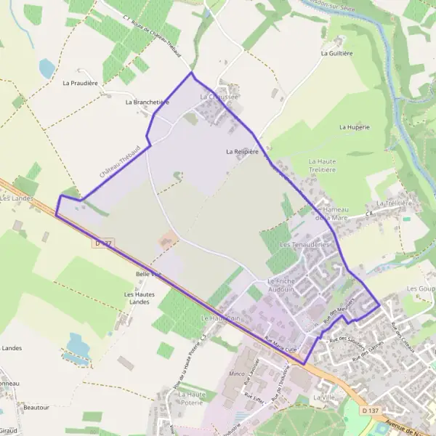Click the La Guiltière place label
pyautogui.click(x=336, y=53)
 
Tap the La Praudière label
pyautogui.click(x=80, y=83)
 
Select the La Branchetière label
pyautogui.click(x=147, y=102)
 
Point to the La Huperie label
pyautogui.click(x=355, y=126)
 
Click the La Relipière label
pyautogui.click(x=242, y=152)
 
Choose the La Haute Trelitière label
pyautogui.click(x=322, y=165)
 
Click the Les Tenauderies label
pyautogui.click(x=305, y=245)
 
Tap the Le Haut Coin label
pyautogui.click(x=221, y=318)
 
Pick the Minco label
pyautogui.click(x=237, y=374)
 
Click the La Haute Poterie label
pyautogui.click(x=193, y=397)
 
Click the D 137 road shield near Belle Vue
pyautogui.click(x=103, y=243)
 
